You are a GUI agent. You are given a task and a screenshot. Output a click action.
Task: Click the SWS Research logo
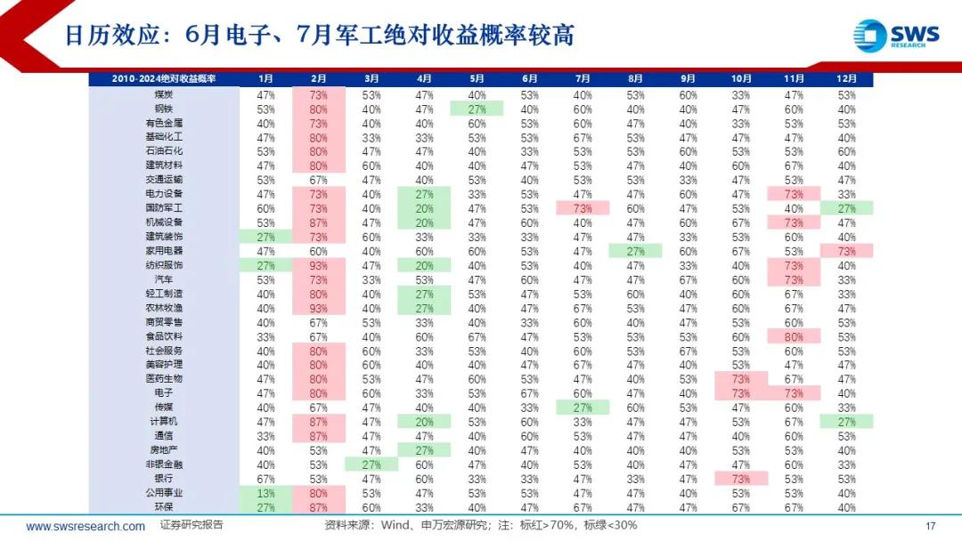point(895,35)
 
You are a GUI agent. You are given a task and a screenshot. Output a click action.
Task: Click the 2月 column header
point(318,79)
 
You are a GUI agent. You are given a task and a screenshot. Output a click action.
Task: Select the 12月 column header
point(846,79)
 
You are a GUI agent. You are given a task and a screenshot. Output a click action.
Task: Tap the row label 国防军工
point(164,208)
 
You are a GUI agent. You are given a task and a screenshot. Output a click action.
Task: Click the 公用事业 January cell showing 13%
point(265,493)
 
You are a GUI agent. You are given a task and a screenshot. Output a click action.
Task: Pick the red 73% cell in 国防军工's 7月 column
point(583,208)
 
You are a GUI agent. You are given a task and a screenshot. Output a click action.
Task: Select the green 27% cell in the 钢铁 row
point(477,109)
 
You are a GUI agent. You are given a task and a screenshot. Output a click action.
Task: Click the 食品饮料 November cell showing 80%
point(794,336)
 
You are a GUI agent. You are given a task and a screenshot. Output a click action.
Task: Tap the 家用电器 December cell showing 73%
point(846,251)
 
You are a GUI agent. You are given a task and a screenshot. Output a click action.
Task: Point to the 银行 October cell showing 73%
point(741,479)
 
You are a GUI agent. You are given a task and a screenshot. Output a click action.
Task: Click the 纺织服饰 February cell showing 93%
point(318,265)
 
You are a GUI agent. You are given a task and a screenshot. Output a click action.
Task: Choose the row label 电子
point(164,393)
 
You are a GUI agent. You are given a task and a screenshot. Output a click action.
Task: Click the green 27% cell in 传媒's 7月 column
point(583,408)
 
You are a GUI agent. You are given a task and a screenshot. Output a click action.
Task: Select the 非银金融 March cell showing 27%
point(371,464)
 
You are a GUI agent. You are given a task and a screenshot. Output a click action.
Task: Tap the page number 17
point(932,525)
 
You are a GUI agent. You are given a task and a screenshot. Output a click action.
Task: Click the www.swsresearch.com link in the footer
point(86,526)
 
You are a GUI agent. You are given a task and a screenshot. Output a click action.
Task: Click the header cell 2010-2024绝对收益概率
point(164,79)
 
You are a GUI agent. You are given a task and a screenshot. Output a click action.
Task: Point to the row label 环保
point(164,507)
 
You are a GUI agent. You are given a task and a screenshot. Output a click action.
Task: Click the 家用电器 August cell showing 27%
point(635,251)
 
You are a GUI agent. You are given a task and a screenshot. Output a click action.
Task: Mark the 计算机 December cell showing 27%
point(846,422)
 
